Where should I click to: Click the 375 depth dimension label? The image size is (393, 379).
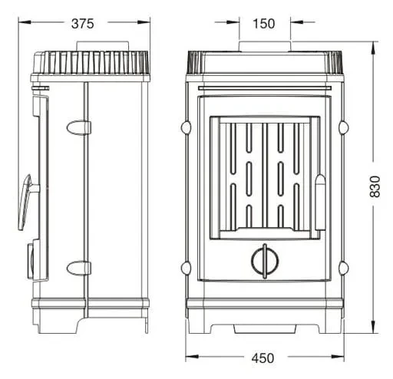pos(83,24)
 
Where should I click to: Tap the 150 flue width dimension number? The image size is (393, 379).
pos(263,24)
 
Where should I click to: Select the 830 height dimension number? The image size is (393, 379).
pos(375,186)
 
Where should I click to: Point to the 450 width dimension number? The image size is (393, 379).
pos(263,358)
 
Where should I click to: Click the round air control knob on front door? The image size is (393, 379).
pos(265,261)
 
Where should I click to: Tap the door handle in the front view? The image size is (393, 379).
pos(320,203)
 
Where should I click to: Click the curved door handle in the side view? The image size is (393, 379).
pos(25,202)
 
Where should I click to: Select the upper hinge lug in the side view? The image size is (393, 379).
pos(79,127)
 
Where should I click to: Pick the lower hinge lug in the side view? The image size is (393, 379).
pos(79,269)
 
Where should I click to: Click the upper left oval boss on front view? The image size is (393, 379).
pos(186,127)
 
